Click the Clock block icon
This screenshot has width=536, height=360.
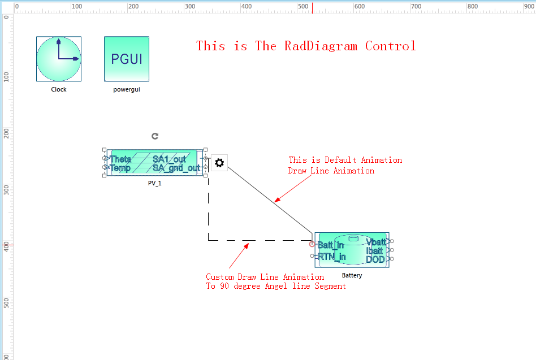pos(59,59)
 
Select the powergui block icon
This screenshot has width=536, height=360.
pos(127,59)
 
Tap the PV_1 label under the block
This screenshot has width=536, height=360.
pos(154,183)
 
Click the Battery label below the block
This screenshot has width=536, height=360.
pos(352,276)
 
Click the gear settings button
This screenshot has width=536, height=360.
pos(219,163)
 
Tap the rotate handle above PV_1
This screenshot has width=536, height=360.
pos(155,136)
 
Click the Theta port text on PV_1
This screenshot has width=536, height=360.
pos(120,159)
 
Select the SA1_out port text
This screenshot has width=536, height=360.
pos(169,159)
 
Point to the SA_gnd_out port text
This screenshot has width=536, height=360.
pos(176,168)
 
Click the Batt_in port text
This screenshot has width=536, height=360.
pos(331,245)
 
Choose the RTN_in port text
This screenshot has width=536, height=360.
pos(332,257)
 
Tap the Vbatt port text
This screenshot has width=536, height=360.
pos(375,242)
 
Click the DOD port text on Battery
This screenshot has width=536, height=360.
pos(375,259)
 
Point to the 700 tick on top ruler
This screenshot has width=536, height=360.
pos(416,7)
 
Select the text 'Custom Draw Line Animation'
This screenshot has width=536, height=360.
pos(265,277)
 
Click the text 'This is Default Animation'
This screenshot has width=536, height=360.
pos(345,160)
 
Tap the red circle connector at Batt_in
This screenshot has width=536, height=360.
pos(312,244)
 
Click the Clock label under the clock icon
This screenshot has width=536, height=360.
pos(59,89)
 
